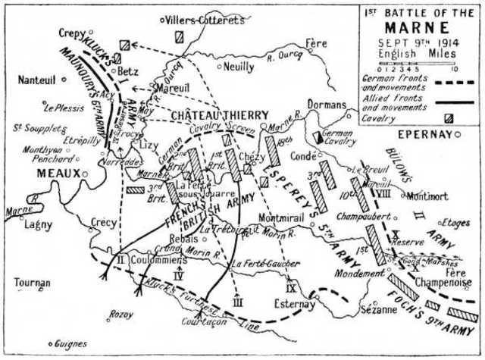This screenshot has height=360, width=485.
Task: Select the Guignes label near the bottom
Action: [x=72, y=343]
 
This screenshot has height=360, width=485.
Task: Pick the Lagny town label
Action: [x=37, y=224]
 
